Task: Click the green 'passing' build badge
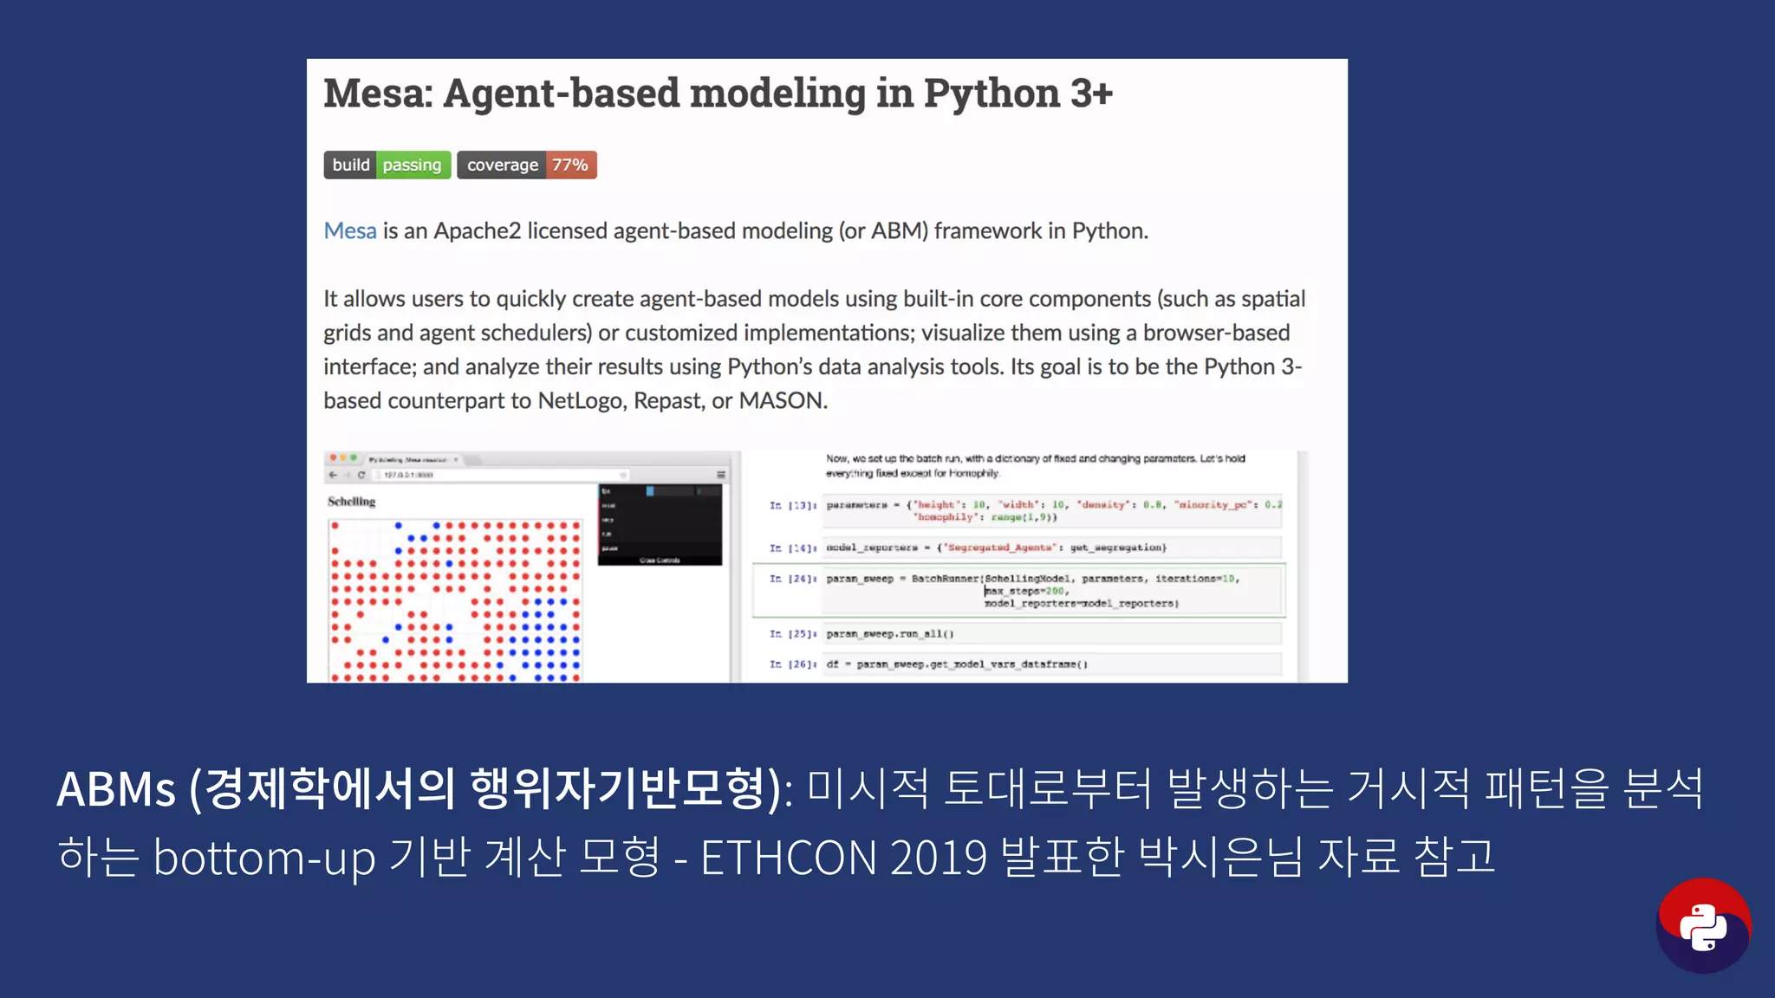[x=412, y=165]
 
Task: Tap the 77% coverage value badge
[x=570, y=165]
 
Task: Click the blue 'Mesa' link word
[x=350, y=231]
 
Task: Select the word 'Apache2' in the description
[x=478, y=231]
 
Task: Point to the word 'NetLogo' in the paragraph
[x=579, y=401]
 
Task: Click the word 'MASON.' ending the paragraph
[x=783, y=401]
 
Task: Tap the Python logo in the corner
[x=1703, y=926]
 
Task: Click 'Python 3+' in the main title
[x=1018, y=94]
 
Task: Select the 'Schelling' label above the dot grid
[x=351, y=502]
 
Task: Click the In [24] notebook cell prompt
[x=792, y=579]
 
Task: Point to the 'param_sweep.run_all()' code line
[x=890, y=634]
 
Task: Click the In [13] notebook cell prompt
[x=792, y=505]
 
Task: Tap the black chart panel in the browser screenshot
[x=660, y=525]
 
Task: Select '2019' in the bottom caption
[x=938, y=858]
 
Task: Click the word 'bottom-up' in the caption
[x=264, y=858]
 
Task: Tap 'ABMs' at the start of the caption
[x=116, y=789]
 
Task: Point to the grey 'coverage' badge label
[x=502, y=165]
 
